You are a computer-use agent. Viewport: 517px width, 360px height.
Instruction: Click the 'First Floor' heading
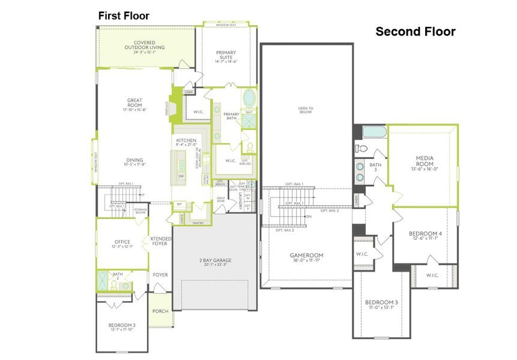(x=124, y=16)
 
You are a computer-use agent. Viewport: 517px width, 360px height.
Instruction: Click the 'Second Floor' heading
(x=415, y=31)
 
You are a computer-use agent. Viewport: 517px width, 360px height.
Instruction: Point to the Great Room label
(x=135, y=104)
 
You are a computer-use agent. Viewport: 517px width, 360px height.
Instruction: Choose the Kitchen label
(x=186, y=142)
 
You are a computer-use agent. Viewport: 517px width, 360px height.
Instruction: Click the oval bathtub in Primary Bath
(x=249, y=98)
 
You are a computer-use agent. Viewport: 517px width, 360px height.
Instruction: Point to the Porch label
(x=160, y=311)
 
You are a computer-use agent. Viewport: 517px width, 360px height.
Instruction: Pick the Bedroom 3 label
(x=381, y=305)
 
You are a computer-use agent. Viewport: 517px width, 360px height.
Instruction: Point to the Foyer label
(x=160, y=275)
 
